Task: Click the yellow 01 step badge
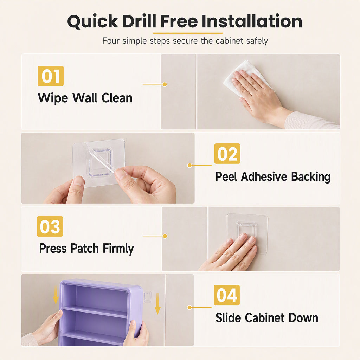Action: (x=51, y=76)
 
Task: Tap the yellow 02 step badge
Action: (x=227, y=154)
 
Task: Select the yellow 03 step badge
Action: (x=50, y=226)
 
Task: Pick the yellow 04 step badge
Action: (x=227, y=295)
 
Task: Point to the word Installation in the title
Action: (x=252, y=21)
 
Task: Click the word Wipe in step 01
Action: (x=53, y=98)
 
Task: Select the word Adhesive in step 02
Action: (x=264, y=176)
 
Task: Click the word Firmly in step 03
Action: (x=118, y=249)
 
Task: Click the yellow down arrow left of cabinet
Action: (x=56, y=295)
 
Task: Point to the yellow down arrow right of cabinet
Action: (x=157, y=303)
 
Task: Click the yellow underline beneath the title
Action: (x=188, y=33)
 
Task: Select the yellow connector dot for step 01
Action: (x=165, y=84)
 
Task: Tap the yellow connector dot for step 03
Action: (x=165, y=236)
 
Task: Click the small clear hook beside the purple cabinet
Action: (x=147, y=296)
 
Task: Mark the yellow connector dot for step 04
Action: (x=189, y=307)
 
